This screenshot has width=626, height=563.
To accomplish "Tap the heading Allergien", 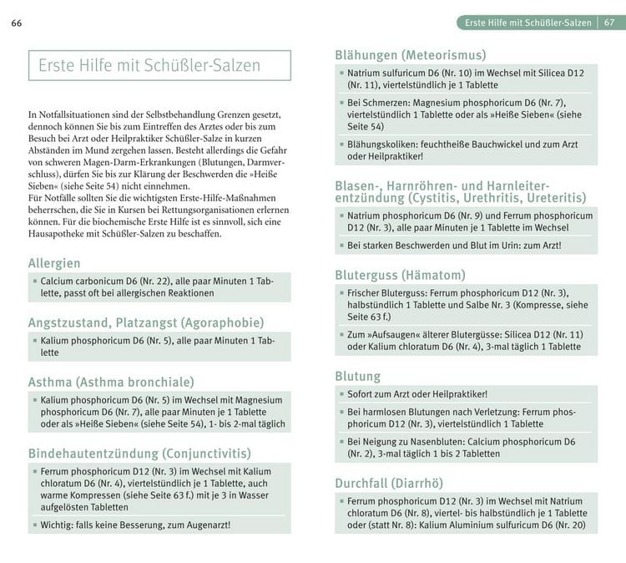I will tap(54, 263).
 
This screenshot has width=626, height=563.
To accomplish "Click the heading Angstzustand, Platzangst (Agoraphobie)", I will tap(146, 322).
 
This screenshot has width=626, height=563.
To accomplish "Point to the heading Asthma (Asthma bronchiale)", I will tap(111, 382).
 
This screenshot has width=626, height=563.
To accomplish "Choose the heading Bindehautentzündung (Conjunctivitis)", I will tap(139, 454).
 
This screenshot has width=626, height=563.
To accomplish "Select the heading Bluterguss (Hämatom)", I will tap(400, 275).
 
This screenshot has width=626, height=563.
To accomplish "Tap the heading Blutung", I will tap(358, 377).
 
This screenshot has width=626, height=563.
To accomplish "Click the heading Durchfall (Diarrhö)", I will tap(389, 483).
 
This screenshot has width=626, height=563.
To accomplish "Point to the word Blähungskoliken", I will tap(382, 144).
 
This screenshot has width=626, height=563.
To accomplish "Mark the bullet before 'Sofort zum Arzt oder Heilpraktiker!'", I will tap(341, 394).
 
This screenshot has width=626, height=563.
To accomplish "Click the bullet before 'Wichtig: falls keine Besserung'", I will tap(33, 525).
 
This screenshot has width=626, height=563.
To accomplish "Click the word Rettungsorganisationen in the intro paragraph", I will tap(177, 210).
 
